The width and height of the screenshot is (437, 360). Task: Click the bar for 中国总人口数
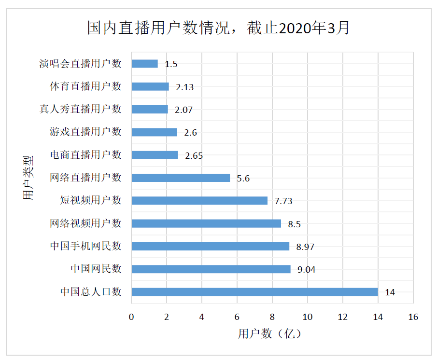click(254, 292)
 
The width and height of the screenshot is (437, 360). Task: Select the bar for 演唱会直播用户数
click(144, 64)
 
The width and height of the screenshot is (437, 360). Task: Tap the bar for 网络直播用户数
click(181, 178)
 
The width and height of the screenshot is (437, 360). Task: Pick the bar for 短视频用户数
click(199, 200)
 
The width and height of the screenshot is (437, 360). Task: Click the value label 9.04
click(306, 269)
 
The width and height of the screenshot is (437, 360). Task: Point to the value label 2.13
click(185, 87)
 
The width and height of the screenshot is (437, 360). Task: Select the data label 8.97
click(305, 247)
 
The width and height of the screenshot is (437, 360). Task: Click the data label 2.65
click(194, 155)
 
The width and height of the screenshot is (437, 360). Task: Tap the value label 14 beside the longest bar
click(390, 292)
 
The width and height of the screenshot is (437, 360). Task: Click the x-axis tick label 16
click(413, 317)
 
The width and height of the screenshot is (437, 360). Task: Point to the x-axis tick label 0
click(131, 317)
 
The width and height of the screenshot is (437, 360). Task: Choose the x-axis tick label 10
click(307, 317)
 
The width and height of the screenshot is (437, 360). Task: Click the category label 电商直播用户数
click(85, 155)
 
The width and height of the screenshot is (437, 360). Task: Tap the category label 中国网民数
click(96, 269)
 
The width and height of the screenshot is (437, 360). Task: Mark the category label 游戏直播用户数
click(85, 132)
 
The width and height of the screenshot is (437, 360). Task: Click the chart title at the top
click(218, 28)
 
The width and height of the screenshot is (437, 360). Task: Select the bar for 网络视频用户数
click(206, 223)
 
